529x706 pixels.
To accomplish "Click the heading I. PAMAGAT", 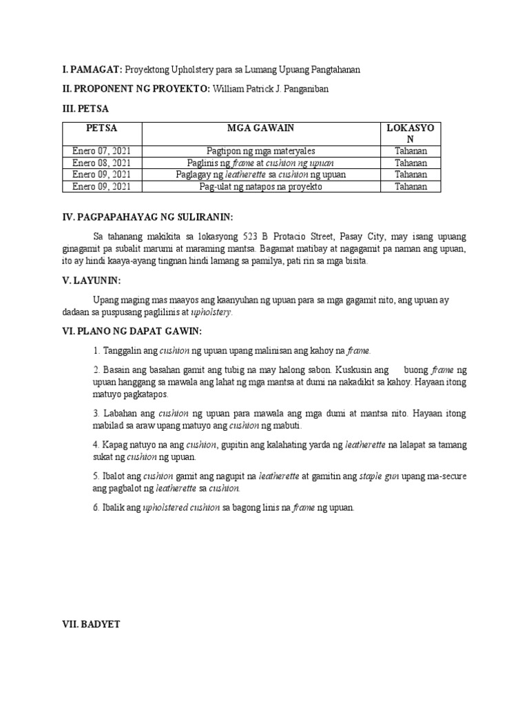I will pyautogui.click(x=92, y=70).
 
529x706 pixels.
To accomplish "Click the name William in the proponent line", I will pyautogui.click(x=229, y=89).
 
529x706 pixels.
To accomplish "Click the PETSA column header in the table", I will pyautogui.click(x=102, y=129).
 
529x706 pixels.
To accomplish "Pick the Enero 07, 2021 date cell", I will pyautogui.click(x=102, y=151).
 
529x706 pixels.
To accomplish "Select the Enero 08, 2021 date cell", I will pyautogui.click(x=102, y=163).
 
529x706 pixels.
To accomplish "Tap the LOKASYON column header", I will pyautogui.click(x=411, y=134).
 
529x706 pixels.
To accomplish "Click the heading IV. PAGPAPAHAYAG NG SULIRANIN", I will pyautogui.click(x=148, y=217).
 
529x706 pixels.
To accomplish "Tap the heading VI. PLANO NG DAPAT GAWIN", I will pyautogui.click(x=132, y=332).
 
